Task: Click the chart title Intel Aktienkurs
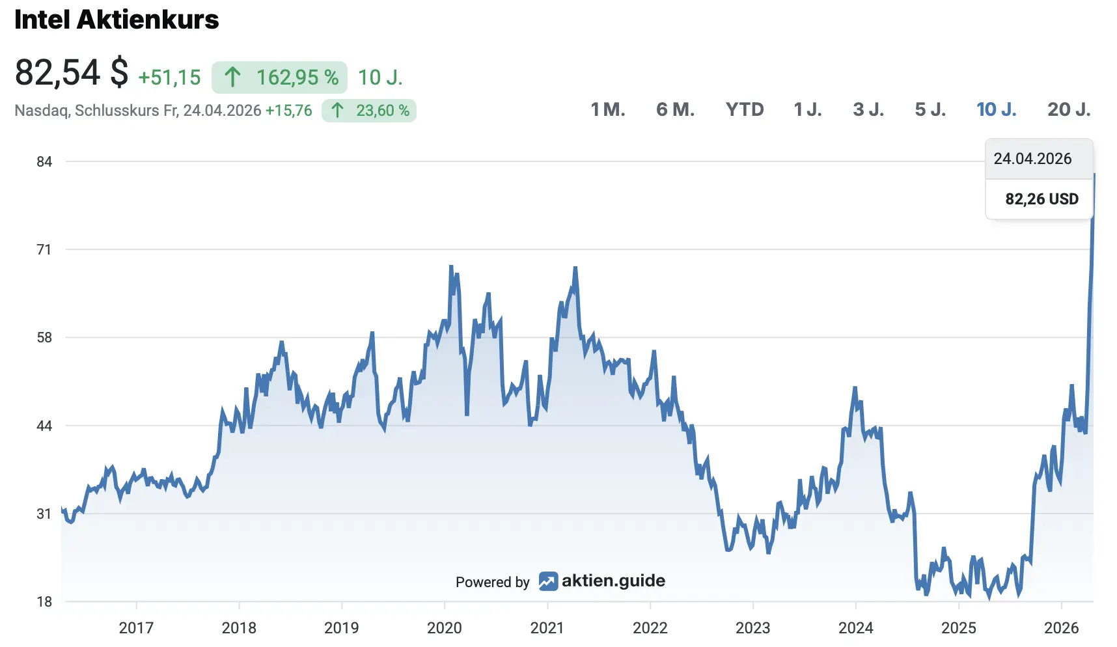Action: (117, 20)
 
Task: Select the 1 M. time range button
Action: (607, 109)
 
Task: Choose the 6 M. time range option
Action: (675, 109)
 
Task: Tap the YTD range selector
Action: (745, 109)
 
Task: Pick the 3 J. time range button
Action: (868, 109)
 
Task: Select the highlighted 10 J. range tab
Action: (996, 109)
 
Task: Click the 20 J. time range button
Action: (1069, 109)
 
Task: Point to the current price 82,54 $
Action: (72, 72)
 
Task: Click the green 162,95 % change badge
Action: (279, 77)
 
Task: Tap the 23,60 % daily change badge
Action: (369, 111)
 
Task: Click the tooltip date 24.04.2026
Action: (1032, 159)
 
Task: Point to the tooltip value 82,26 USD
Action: (1041, 199)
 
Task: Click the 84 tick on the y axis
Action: (44, 161)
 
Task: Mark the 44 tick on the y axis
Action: (44, 426)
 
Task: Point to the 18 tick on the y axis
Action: (44, 601)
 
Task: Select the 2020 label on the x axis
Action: (445, 627)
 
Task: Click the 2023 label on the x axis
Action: (752, 627)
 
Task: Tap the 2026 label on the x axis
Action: (1061, 627)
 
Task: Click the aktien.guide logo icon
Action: (548, 581)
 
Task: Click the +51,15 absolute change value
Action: (169, 77)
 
